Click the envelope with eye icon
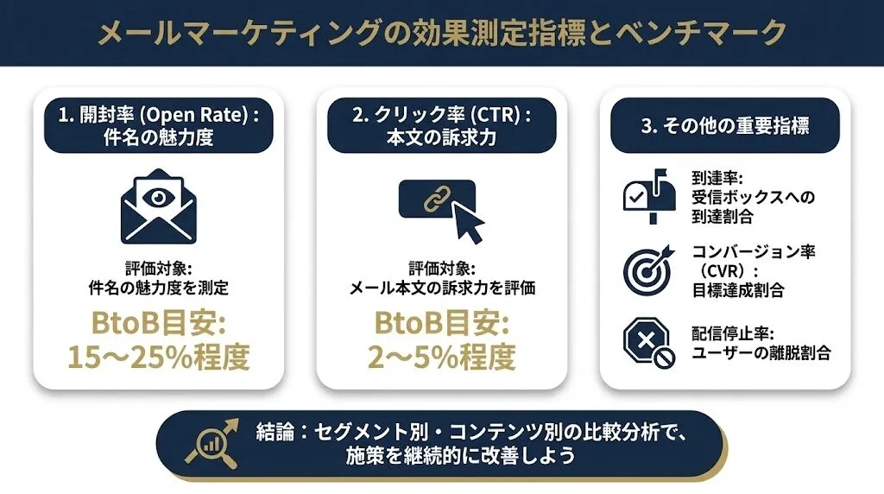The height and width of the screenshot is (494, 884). [159, 207]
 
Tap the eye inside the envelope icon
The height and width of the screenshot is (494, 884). [159, 197]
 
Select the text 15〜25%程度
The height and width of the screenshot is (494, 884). [159, 356]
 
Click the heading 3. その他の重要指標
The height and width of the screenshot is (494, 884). [724, 125]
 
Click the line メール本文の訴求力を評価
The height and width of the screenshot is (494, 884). [442, 288]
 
